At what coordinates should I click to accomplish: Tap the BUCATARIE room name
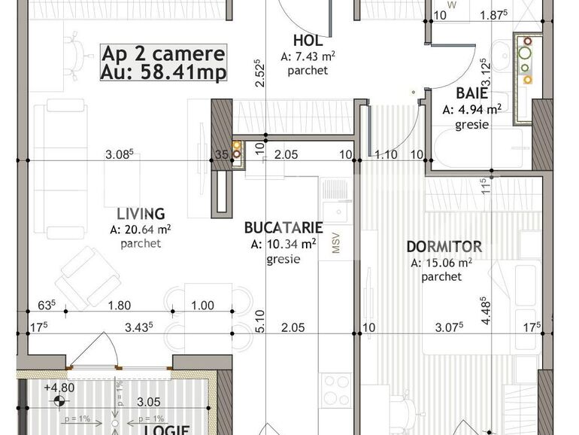(284, 227)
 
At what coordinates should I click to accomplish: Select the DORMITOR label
(444, 247)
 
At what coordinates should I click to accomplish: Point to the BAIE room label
(471, 94)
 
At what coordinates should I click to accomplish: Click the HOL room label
(307, 41)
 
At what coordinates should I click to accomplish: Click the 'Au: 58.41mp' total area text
(163, 72)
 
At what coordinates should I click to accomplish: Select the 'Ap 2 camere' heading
(163, 54)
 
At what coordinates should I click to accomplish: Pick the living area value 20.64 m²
(141, 230)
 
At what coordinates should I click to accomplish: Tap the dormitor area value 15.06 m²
(441, 263)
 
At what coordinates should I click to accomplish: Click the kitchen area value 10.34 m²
(284, 243)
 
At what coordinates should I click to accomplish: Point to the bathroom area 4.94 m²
(471, 109)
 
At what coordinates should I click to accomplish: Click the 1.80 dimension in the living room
(120, 305)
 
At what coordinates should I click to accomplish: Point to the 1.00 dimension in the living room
(202, 305)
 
